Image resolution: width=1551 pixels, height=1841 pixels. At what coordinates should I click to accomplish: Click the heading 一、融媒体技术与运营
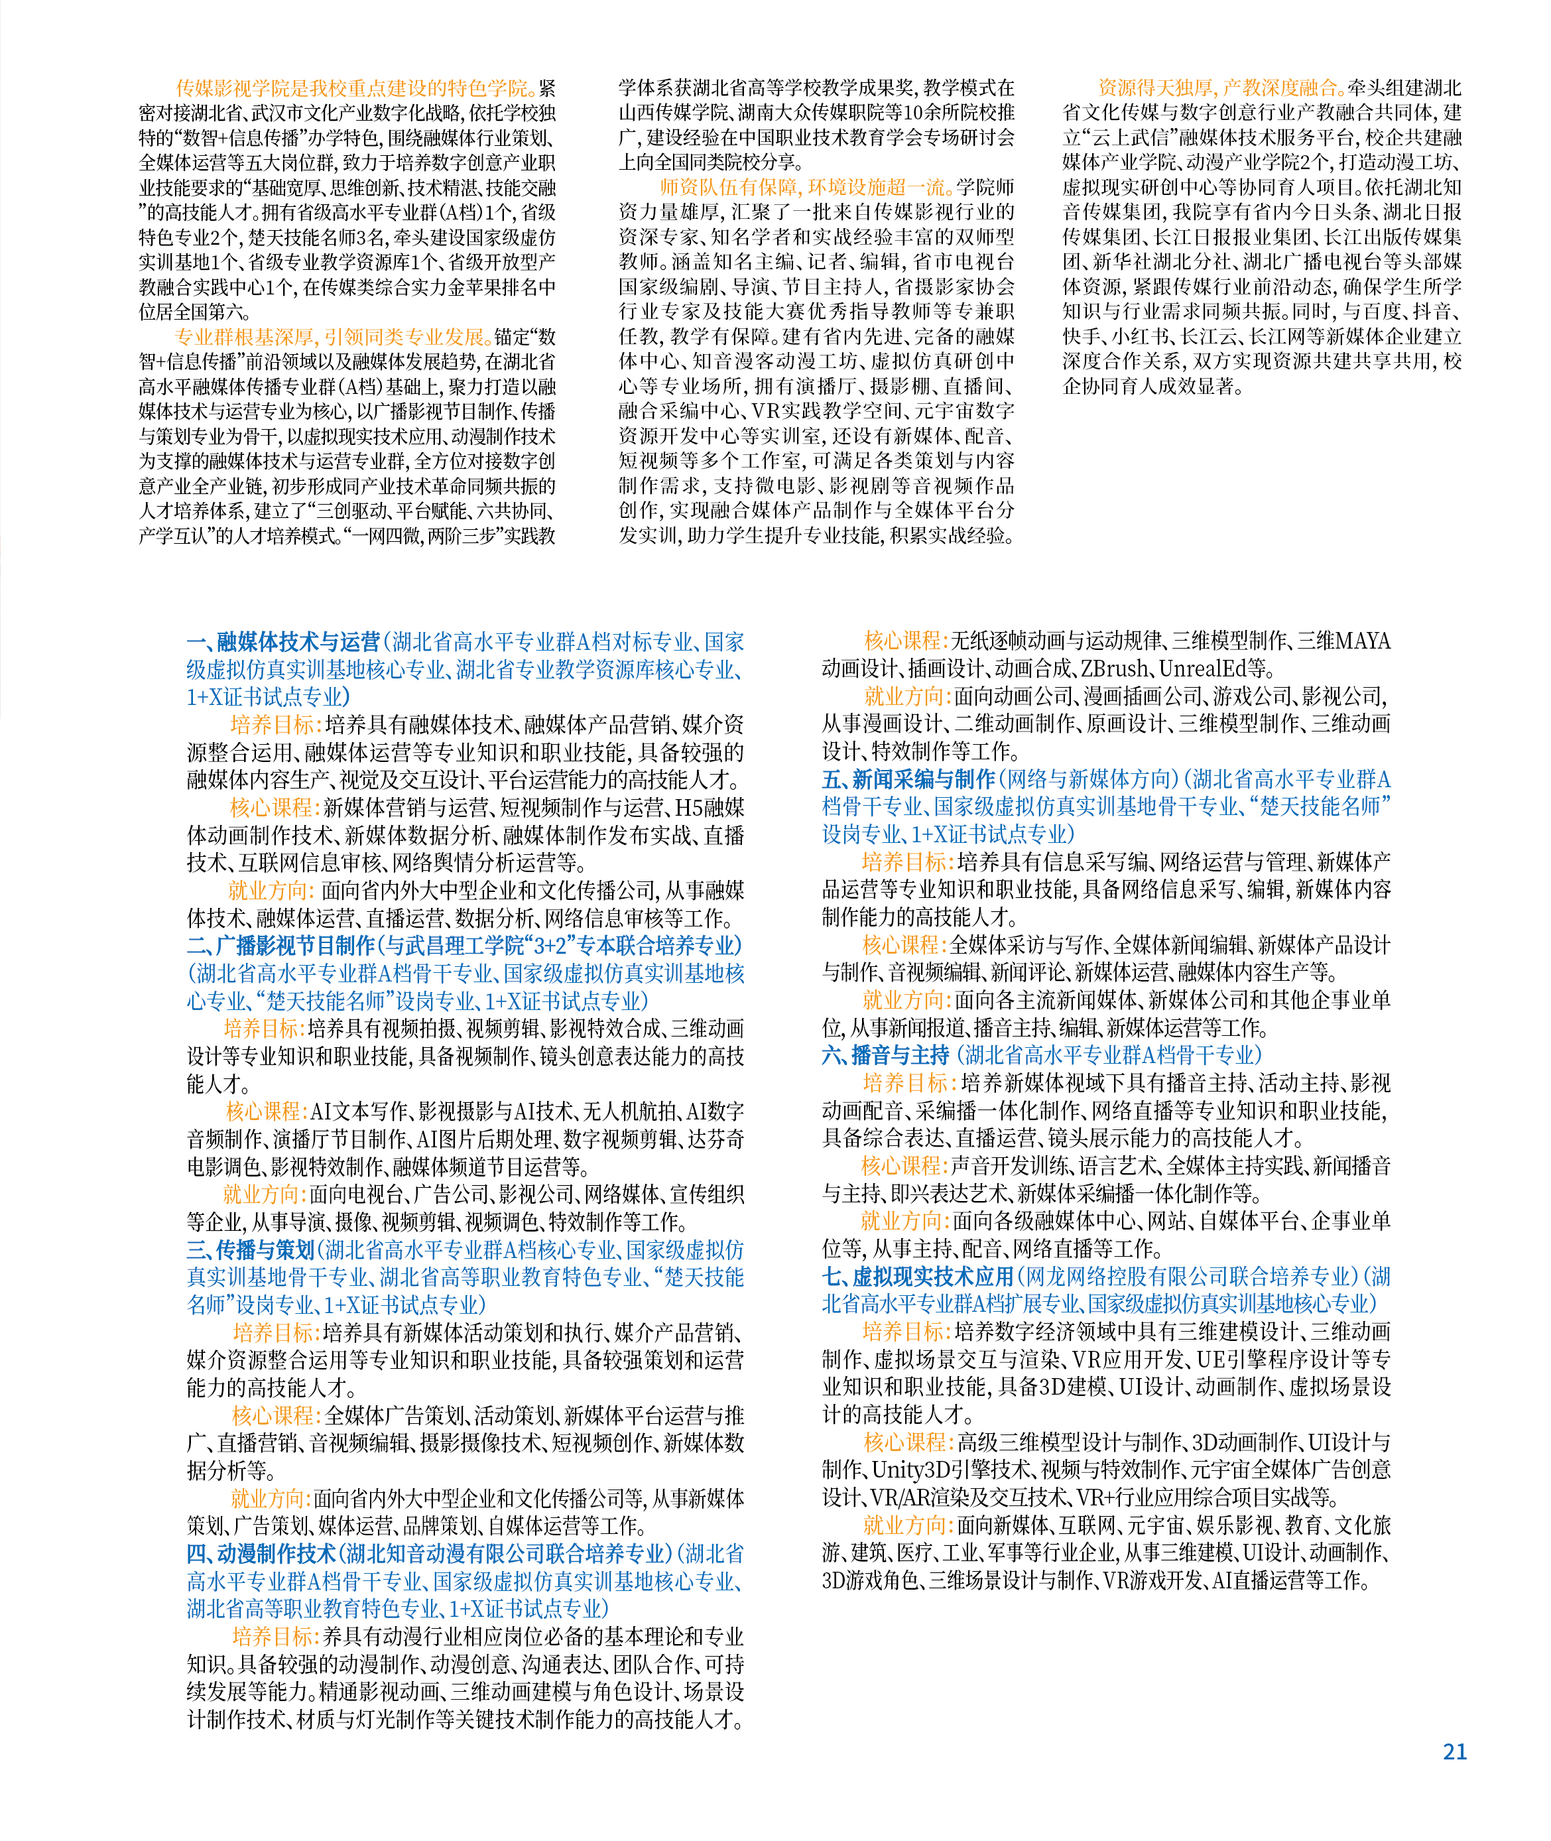283,642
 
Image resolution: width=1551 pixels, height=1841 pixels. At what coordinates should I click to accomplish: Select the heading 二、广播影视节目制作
280,945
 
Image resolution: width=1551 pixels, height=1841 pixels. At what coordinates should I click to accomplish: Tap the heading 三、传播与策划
251,1249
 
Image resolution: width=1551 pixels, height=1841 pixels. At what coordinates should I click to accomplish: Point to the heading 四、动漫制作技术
261,1553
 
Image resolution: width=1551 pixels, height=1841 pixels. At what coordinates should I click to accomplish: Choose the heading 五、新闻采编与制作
908,779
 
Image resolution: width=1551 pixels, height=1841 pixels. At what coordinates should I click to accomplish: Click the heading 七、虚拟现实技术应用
918,1277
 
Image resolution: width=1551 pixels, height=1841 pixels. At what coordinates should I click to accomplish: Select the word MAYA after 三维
1362,642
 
